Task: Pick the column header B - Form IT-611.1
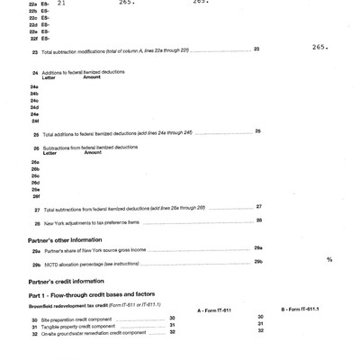pos(304,309)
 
